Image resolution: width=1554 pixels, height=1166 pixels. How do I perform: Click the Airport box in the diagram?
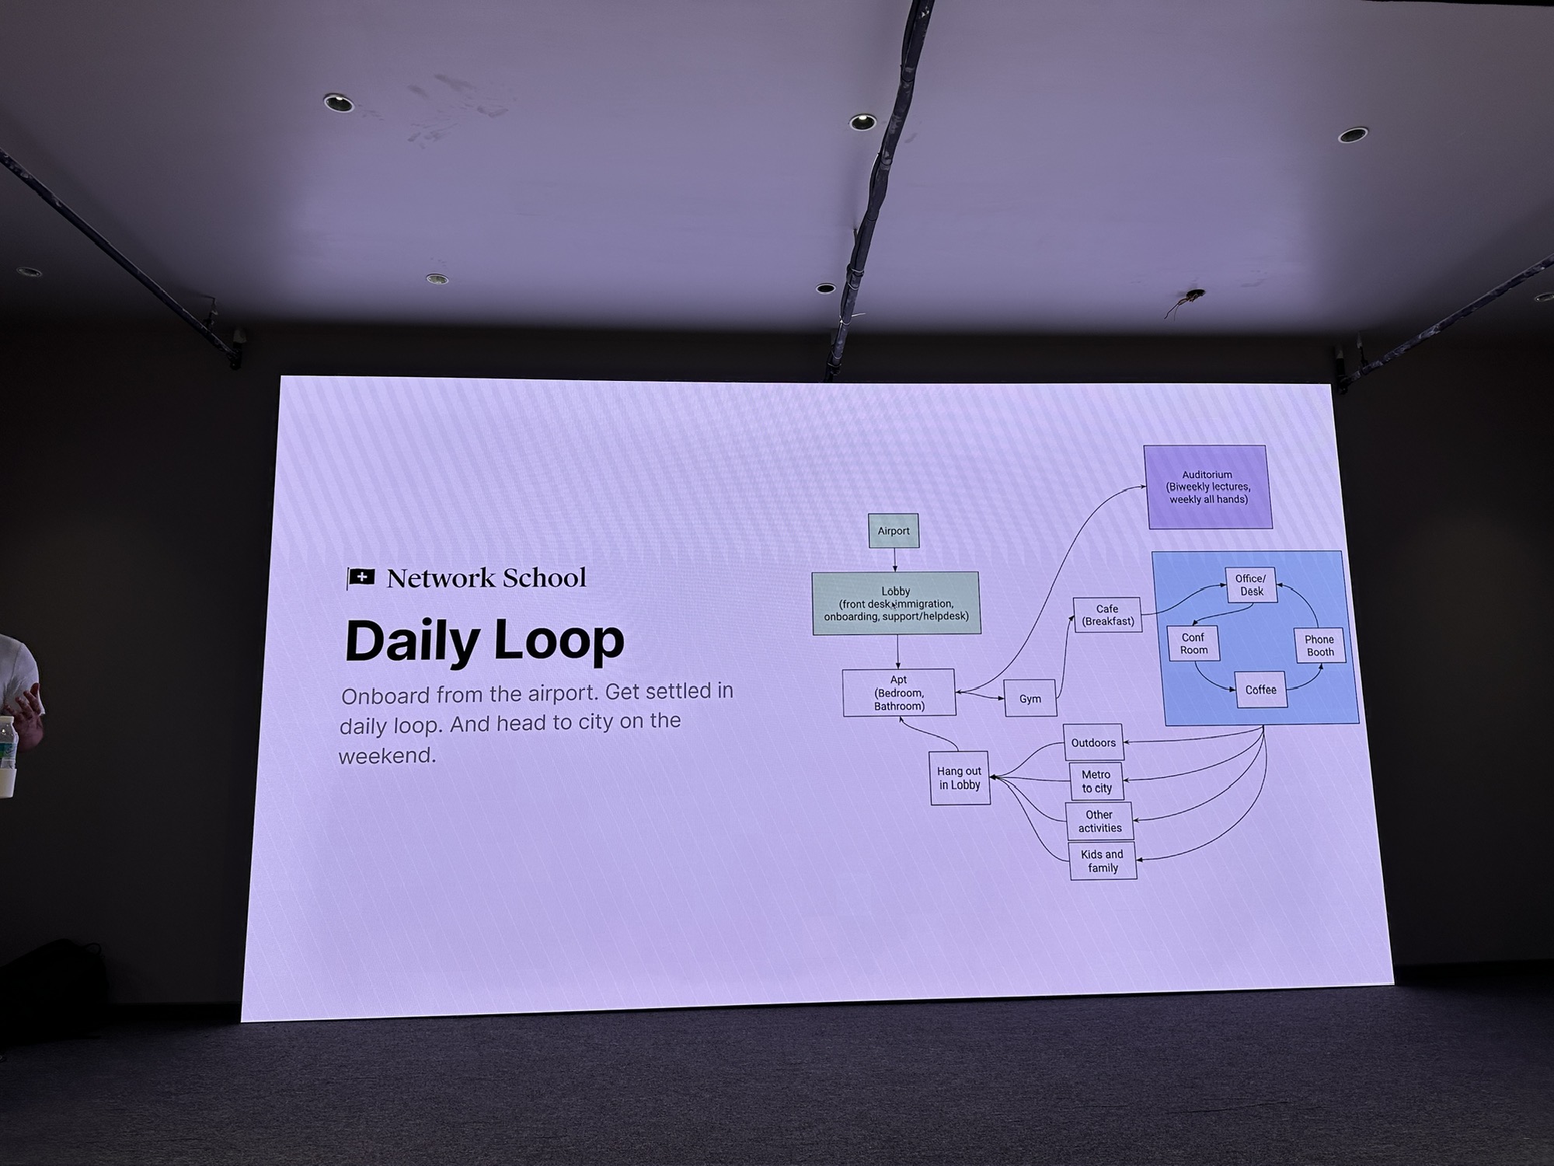(894, 531)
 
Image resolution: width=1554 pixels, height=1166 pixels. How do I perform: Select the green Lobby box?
(896, 603)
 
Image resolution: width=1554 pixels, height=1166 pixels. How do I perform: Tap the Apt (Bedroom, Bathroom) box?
(899, 693)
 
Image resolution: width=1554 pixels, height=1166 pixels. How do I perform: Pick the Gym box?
(1030, 698)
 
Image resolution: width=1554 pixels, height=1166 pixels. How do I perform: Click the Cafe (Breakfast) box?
(1108, 615)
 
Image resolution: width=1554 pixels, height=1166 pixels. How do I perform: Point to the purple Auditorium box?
(1208, 487)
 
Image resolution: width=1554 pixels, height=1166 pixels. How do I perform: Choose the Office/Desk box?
(1251, 585)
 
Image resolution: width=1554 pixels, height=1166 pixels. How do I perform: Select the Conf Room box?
(1193, 644)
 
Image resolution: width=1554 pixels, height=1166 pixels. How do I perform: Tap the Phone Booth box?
(1319, 645)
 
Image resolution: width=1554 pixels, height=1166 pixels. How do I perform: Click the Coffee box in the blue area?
(1260, 689)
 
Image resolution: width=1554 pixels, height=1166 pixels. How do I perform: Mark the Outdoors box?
(1093, 742)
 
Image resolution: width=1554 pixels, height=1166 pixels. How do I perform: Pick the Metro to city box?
(1096, 781)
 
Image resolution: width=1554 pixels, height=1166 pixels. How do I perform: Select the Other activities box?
(1099, 822)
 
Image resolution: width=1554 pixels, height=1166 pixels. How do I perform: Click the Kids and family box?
(1103, 861)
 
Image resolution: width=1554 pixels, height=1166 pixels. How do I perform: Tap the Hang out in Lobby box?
(960, 778)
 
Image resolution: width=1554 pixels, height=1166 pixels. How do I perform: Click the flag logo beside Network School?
(361, 578)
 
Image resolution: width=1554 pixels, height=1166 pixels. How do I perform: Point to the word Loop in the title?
(559, 641)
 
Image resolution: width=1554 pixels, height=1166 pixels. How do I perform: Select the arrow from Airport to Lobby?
(894, 560)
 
